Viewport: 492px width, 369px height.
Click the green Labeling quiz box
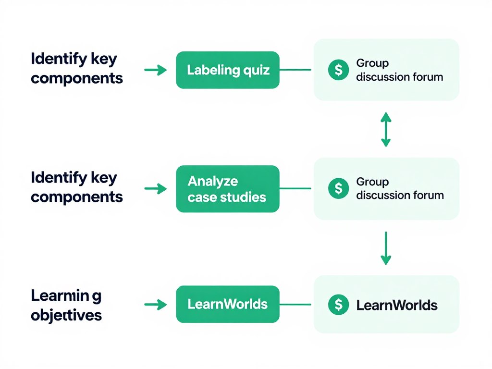tap(228, 70)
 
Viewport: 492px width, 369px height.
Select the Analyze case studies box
tap(228, 189)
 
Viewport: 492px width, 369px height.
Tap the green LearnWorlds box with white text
tap(228, 304)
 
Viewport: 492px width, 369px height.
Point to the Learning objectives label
tap(66, 306)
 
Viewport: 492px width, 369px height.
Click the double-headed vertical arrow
tap(386, 129)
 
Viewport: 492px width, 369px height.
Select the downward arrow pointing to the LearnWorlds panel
tap(386, 248)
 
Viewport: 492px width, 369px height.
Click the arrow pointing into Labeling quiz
tap(155, 70)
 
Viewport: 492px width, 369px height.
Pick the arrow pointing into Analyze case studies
tap(155, 189)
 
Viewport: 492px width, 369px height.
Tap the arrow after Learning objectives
tap(155, 304)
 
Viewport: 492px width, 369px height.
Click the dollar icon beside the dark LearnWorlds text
tap(338, 304)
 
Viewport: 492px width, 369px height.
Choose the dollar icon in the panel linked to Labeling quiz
tap(338, 70)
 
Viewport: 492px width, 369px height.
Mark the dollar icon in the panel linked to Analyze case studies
tap(338, 188)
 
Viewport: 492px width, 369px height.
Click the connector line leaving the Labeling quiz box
tap(295, 70)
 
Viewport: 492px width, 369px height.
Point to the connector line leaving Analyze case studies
tap(295, 188)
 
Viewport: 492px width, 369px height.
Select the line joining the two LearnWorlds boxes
tap(295, 304)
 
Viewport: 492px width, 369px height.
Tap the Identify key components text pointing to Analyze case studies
tap(76, 187)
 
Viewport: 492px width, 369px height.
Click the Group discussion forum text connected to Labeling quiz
tap(399, 70)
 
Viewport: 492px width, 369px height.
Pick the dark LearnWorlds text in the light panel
tap(397, 305)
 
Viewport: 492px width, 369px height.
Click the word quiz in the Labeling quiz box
tap(257, 71)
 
